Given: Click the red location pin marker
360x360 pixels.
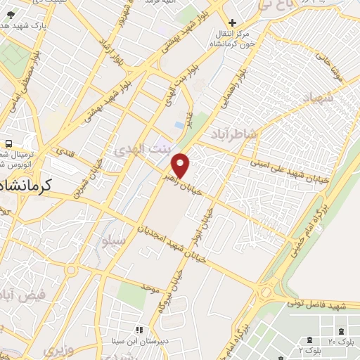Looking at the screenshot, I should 181,165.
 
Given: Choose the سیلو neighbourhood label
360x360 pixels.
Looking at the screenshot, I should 113,241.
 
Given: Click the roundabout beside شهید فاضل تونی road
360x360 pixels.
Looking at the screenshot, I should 266,292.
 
